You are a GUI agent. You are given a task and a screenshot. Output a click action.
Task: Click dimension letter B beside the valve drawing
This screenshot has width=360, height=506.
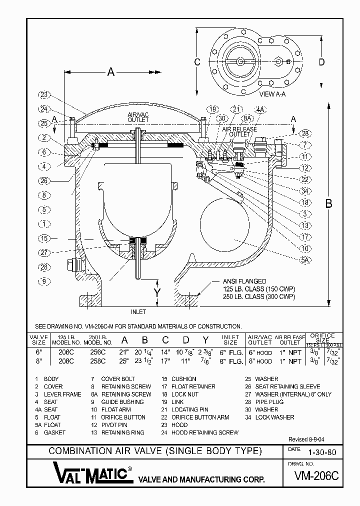[x=329, y=203]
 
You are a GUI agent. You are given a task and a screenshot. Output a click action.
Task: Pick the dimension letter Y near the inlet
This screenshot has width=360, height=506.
[x=157, y=291]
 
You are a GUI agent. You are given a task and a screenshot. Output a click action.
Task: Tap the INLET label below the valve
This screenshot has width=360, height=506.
[x=138, y=312]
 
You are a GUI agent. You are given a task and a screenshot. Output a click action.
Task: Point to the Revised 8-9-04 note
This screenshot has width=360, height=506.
[x=306, y=439]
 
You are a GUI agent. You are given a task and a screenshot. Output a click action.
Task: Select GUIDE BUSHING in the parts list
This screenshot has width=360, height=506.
[x=122, y=402]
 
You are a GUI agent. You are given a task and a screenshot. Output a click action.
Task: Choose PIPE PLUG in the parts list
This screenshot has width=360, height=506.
[x=269, y=402]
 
